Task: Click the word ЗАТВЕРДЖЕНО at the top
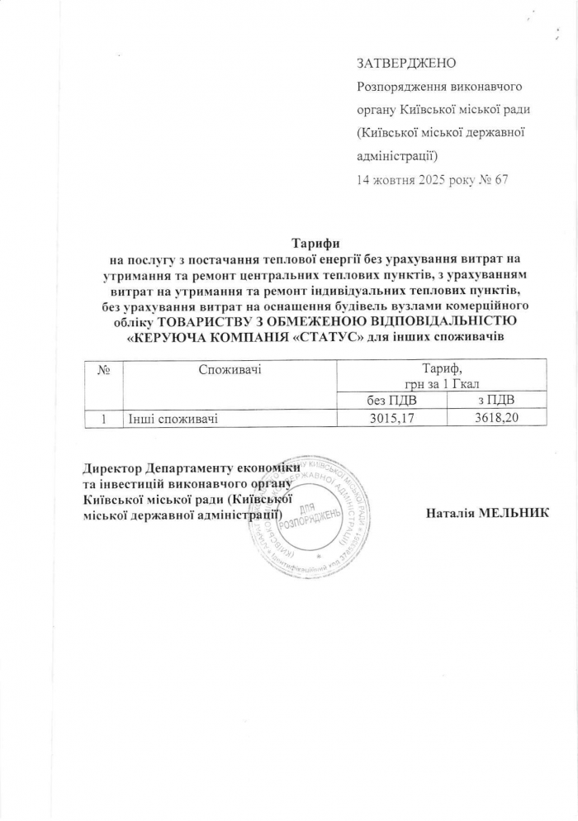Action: (x=406, y=64)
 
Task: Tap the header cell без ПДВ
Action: (x=392, y=401)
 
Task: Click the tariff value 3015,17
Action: (x=392, y=419)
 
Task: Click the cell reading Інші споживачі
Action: (x=173, y=419)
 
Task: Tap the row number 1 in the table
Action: (x=105, y=419)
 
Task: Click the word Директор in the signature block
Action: (x=113, y=467)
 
